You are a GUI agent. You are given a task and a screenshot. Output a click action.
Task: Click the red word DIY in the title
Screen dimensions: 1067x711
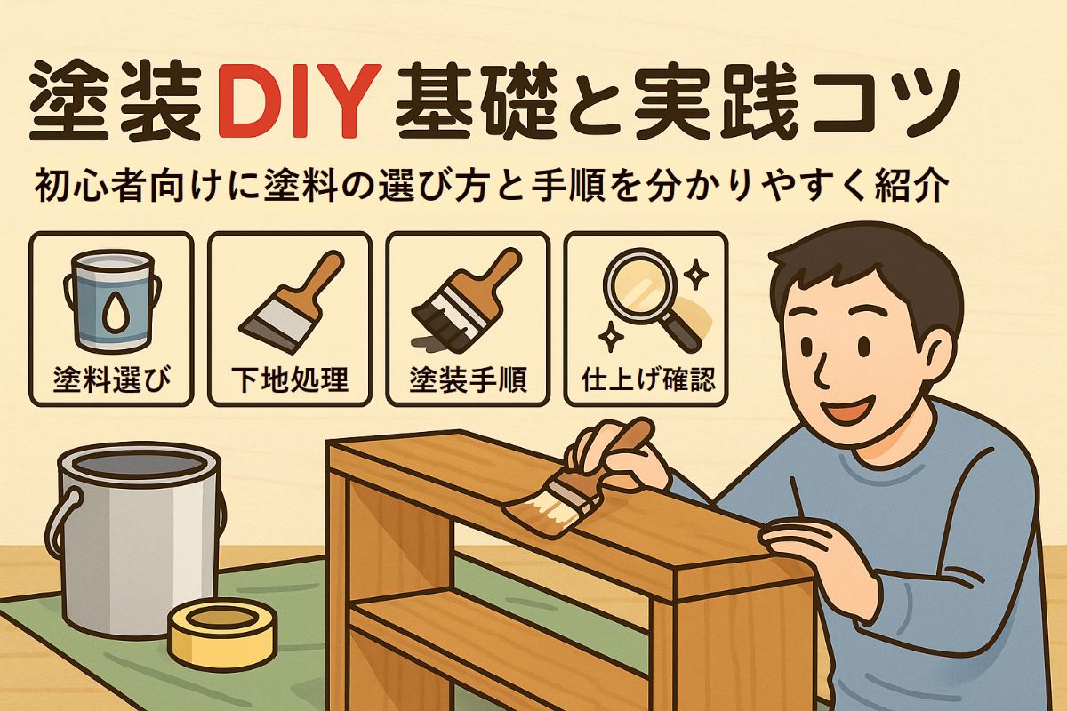point(299,101)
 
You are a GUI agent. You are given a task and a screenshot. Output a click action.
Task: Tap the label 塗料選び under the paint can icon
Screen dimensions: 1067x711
point(112,380)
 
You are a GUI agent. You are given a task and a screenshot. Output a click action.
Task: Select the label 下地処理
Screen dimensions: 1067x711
point(290,380)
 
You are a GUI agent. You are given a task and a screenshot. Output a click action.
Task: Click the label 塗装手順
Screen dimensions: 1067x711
point(469,380)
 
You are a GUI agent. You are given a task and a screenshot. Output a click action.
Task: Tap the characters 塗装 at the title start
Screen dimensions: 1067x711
point(116,101)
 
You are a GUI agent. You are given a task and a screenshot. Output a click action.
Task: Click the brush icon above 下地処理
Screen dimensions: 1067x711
point(292,301)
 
